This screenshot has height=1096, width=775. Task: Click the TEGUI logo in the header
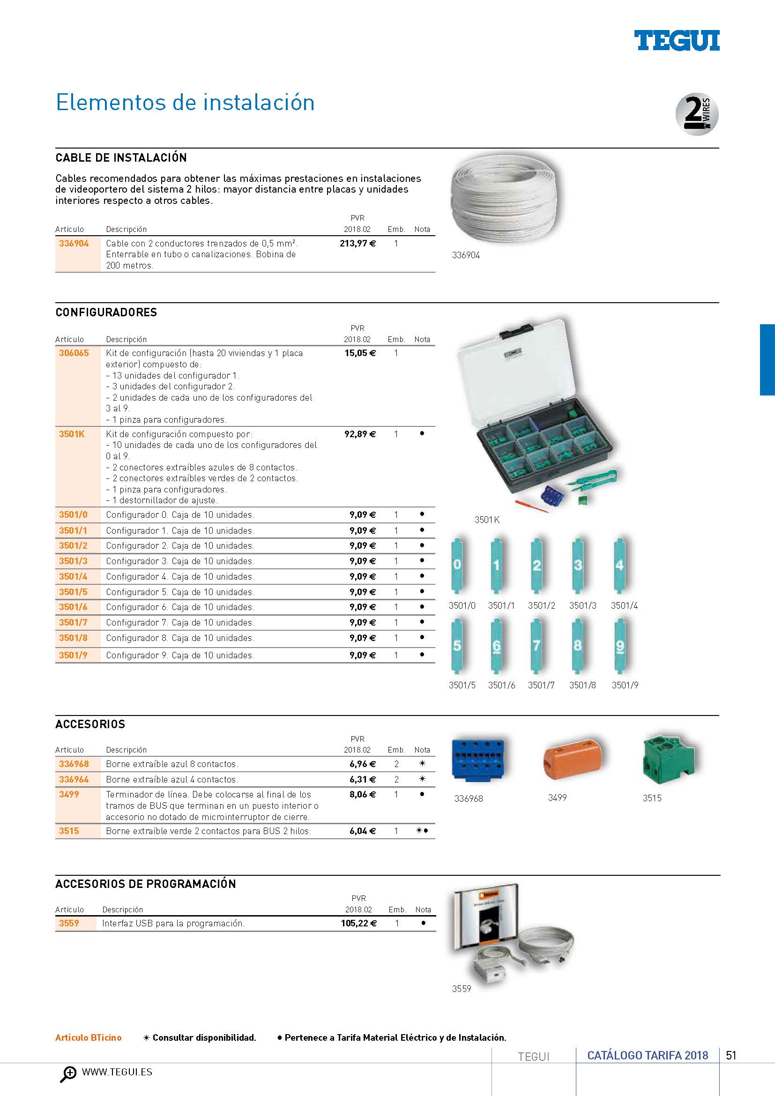[676, 41]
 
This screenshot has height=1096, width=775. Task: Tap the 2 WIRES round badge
[697, 114]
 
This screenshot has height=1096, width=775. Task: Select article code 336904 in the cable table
[74, 244]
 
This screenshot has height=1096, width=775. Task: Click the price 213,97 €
[358, 244]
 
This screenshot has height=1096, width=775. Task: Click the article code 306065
[74, 353]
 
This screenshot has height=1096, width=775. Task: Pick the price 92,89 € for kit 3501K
[360, 434]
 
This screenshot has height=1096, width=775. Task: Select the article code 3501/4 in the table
[74, 576]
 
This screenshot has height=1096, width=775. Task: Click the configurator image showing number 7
[537, 646]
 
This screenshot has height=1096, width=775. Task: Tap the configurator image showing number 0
[457, 565]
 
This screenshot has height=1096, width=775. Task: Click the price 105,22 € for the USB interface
[358, 923]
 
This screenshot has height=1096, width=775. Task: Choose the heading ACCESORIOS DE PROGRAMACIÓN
[146, 884]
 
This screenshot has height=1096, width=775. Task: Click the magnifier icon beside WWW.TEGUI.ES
[68, 1074]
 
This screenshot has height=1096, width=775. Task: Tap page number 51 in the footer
[731, 1055]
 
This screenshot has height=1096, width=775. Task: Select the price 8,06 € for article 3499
[363, 794]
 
